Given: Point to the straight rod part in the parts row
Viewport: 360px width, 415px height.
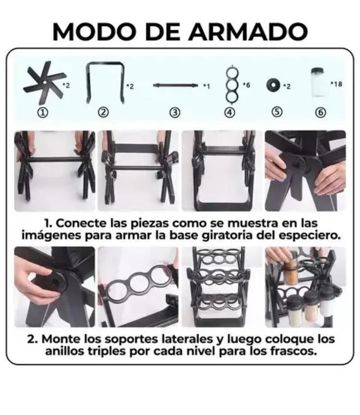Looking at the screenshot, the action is point(175,85).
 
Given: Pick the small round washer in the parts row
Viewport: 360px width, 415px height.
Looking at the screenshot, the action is point(274,85).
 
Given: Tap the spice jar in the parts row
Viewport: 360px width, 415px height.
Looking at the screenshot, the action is point(317,82).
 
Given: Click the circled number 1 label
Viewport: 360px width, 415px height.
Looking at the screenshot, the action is point(43,113).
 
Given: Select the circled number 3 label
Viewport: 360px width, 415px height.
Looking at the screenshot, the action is point(175,113).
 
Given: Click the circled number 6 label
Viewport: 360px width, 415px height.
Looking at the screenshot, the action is point(320,113).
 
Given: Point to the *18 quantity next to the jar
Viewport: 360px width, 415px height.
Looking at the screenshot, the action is point(336,84).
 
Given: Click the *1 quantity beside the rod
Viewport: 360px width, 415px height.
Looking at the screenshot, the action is point(206,86).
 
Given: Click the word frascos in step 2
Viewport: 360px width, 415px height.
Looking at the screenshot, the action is point(293,351).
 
